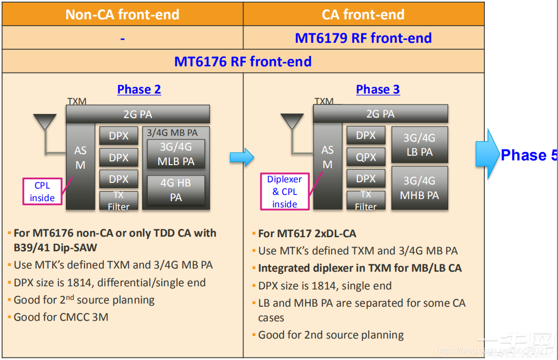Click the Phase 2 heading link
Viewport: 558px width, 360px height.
pyautogui.click(x=139, y=89)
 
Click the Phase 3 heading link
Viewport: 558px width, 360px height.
pyautogui.click(x=378, y=89)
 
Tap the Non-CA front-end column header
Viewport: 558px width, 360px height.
pyautogui.click(x=122, y=14)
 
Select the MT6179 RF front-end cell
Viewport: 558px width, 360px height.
pyautogui.click(x=363, y=38)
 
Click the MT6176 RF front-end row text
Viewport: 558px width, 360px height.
pyautogui.click(x=243, y=62)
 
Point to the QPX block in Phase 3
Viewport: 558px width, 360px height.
pyautogui.click(x=366, y=157)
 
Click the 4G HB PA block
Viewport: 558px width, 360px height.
pyautogui.click(x=176, y=190)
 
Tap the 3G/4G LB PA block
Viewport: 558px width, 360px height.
pyautogui.click(x=419, y=145)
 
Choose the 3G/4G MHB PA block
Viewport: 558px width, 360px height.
pyautogui.click(x=419, y=188)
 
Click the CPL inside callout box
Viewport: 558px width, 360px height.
pyautogui.click(x=42, y=192)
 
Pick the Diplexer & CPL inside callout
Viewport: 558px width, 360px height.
pyautogui.click(x=284, y=192)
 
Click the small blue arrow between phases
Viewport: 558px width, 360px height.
pyautogui.click(x=241, y=156)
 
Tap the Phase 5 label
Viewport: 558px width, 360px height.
pyautogui.click(x=528, y=155)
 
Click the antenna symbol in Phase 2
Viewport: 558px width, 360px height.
pyautogui.click(x=44, y=123)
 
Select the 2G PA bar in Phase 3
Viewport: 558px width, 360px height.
pyautogui.click(x=380, y=114)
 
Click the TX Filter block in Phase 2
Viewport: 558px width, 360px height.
pyautogui.click(x=119, y=201)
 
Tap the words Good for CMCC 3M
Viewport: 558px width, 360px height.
pyautogui.click(x=61, y=317)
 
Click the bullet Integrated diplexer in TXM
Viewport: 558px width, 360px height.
pyautogui.click(x=360, y=268)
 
